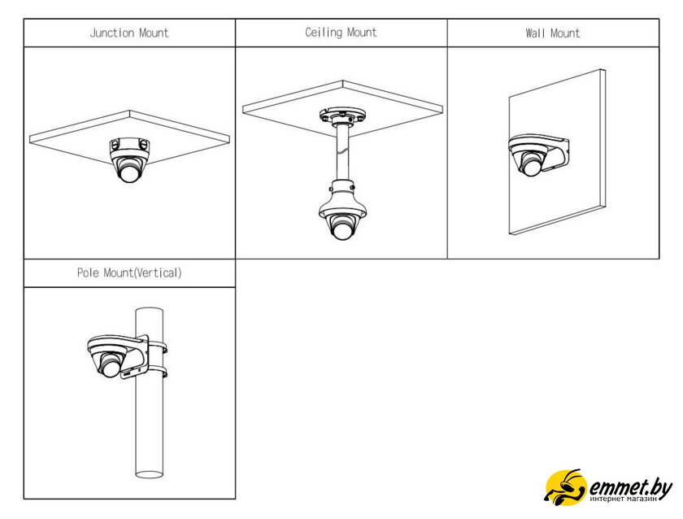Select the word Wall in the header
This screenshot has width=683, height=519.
[x=535, y=33]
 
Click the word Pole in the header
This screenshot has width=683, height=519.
[x=88, y=273]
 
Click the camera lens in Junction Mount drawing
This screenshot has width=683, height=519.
[x=129, y=173]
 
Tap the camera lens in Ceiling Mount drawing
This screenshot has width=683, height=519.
[x=343, y=229]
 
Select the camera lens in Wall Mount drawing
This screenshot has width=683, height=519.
[x=530, y=167]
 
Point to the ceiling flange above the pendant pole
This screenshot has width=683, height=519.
[x=342, y=116]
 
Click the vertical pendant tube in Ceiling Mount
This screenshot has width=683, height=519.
[x=342, y=153]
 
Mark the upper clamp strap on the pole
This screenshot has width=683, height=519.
[x=158, y=347]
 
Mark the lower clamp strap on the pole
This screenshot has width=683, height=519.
[x=158, y=373]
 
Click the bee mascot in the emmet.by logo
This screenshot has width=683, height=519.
[x=565, y=487]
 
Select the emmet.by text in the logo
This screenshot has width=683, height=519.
[x=630, y=487]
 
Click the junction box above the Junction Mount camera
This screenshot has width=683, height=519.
[x=129, y=144]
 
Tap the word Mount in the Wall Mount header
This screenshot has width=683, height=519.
[x=565, y=33]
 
